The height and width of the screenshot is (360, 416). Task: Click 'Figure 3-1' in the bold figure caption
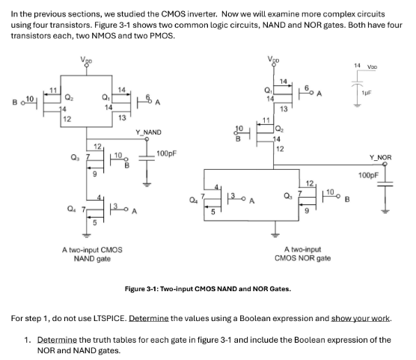pyautogui.click(x=141, y=287)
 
